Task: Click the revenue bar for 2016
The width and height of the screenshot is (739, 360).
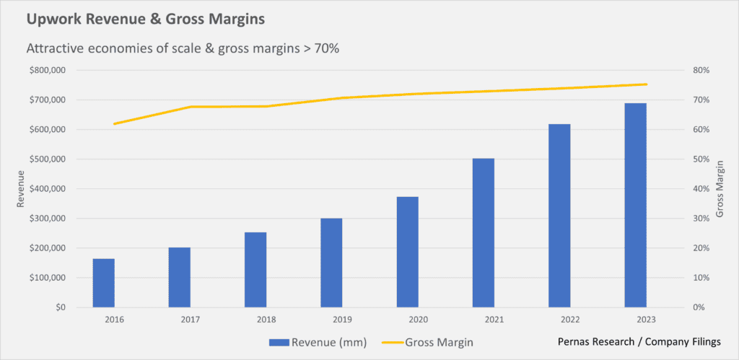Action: pos(103,283)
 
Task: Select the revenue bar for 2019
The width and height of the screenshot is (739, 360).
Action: pos(331,263)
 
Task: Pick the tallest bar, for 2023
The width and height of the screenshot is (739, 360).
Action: pos(635,206)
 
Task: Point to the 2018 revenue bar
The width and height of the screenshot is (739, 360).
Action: pos(255,270)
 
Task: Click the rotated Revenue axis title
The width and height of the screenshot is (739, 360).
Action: pos(22,189)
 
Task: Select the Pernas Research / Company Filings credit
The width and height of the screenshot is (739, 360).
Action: pos(638,341)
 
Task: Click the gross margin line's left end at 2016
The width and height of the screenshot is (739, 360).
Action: pos(114,124)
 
